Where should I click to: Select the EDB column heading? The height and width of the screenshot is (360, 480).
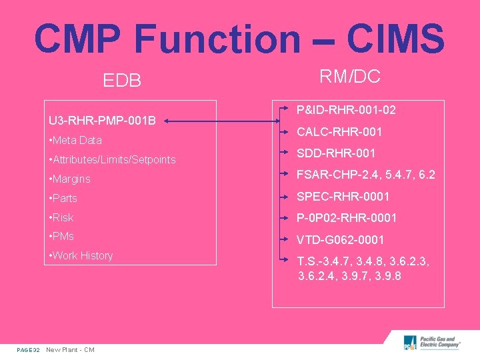tap(122, 81)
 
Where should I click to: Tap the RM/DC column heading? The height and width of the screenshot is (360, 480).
tap(350, 77)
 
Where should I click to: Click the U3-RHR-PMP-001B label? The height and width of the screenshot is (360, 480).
tap(103, 121)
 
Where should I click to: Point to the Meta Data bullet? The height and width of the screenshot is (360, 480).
tap(76, 141)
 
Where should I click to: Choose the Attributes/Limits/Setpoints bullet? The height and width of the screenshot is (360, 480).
tap(113, 160)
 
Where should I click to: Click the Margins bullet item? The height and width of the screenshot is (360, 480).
tap(70, 179)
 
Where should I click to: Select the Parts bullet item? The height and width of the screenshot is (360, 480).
tap(63, 199)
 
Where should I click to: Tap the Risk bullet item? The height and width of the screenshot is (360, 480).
tap(61, 218)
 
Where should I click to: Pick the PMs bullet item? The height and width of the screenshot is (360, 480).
tap(62, 237)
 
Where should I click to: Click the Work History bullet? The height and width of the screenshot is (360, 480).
tap(81, 256)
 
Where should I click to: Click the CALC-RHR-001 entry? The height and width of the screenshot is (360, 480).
tap(339, 132)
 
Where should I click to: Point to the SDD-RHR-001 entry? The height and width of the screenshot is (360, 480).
tap(336, 153)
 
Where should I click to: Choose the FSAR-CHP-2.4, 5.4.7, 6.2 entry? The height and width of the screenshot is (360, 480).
tap(366, 175)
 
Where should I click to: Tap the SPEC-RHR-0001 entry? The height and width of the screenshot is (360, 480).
tap(343, 197)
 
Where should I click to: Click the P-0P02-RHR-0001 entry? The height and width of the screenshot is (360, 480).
tap(347, 218)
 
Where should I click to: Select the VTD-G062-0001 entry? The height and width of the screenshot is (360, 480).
tap(340, 239)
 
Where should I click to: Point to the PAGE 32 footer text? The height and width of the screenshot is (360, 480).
tap(29, 350)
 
